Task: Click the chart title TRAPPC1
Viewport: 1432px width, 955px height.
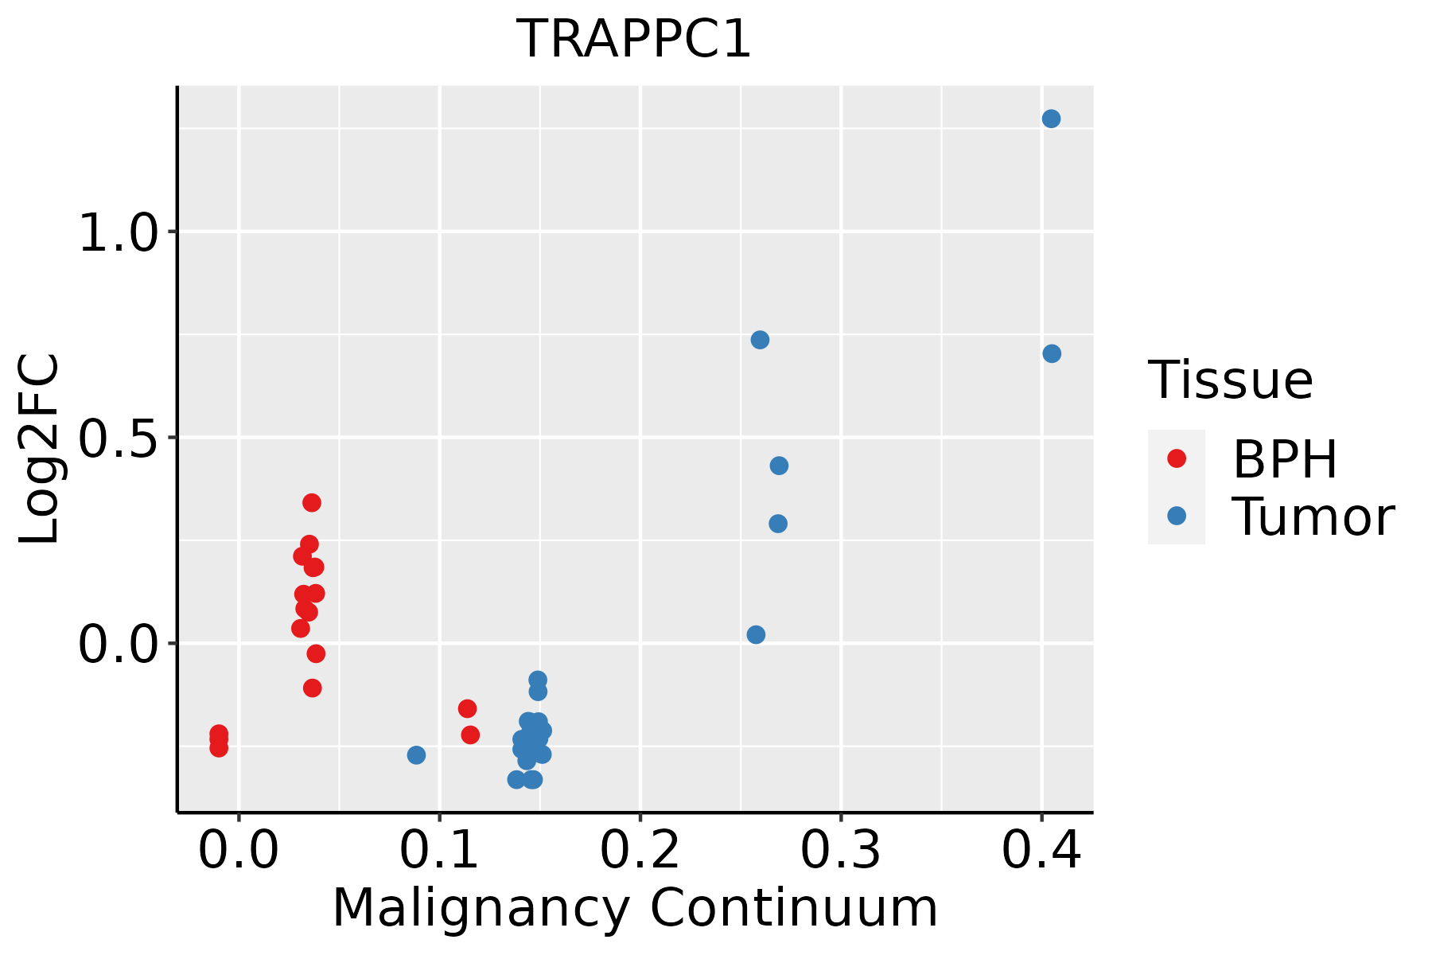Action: pos(634,40)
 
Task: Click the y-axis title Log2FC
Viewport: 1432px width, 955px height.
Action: pos(40,450)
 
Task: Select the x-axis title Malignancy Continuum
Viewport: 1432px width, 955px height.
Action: pos(635,908)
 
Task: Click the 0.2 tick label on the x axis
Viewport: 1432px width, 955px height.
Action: pos(640,850)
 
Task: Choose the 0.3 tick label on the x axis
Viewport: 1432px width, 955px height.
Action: pos(840,850)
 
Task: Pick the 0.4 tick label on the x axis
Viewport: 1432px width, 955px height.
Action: pos(1041,850)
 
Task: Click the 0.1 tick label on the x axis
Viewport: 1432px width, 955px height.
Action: pos(439,850)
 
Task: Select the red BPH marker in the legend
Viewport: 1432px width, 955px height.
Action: pos(1177,458)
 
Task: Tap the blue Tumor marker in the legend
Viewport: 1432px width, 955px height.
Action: pos(1177,516)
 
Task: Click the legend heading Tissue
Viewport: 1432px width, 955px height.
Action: pos(1231,380)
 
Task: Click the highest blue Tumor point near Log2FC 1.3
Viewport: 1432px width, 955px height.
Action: pos(1051,119)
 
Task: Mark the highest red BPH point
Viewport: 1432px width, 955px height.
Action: pos(312,503)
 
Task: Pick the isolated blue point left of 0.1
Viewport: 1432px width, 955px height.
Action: pos(416,754)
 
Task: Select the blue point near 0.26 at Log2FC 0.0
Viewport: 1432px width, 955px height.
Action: pos(756,635)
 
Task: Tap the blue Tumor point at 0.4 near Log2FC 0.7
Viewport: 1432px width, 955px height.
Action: pos(1052,354)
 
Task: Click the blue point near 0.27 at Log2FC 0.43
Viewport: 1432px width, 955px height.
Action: pos(779,466)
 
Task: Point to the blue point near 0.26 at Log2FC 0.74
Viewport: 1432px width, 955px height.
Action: pos(760,341)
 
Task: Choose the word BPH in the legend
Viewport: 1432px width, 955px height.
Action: pos(1285,460)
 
